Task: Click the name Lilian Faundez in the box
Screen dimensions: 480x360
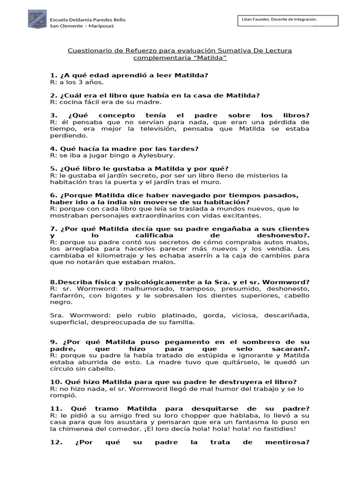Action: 259,19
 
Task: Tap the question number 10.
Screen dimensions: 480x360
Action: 54,382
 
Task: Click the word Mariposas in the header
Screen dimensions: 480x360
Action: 99,26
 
